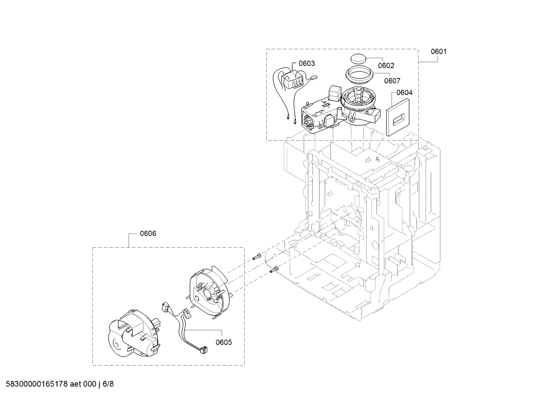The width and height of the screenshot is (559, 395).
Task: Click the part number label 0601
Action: point(438,51)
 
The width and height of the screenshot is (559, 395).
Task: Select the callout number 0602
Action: point(386,66)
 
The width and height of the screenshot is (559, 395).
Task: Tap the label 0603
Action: point(307,63)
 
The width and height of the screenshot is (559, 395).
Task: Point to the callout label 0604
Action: point(404,93)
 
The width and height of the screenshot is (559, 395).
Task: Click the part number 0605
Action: point(224,342)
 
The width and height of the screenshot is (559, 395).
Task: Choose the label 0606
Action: point(148,233)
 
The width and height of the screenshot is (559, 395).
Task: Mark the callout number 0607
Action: point(392,81)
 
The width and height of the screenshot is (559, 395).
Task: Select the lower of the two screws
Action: point(273,270)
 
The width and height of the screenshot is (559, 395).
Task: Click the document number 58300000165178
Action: point(35,384)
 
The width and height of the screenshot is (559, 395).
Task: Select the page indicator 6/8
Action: point(108,384)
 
